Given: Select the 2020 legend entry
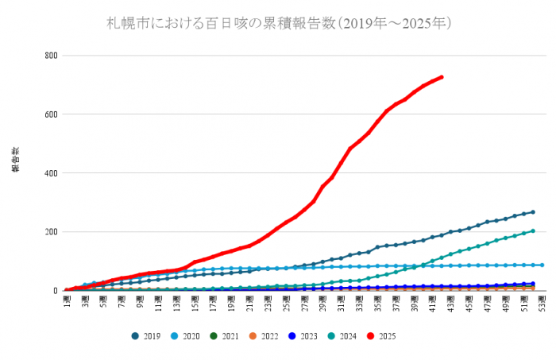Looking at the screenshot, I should coord(186,336).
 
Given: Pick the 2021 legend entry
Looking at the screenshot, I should coord(226,336).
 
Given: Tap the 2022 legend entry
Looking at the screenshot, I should coord(267,336).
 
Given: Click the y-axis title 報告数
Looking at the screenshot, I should coord(14,159).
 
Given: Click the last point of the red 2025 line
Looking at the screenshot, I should coord(442,77).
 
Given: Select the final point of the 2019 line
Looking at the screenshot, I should coord(533,212).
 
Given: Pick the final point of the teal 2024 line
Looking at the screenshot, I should coord(533,231).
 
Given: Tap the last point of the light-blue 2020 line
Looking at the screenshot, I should coord(542,265).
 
